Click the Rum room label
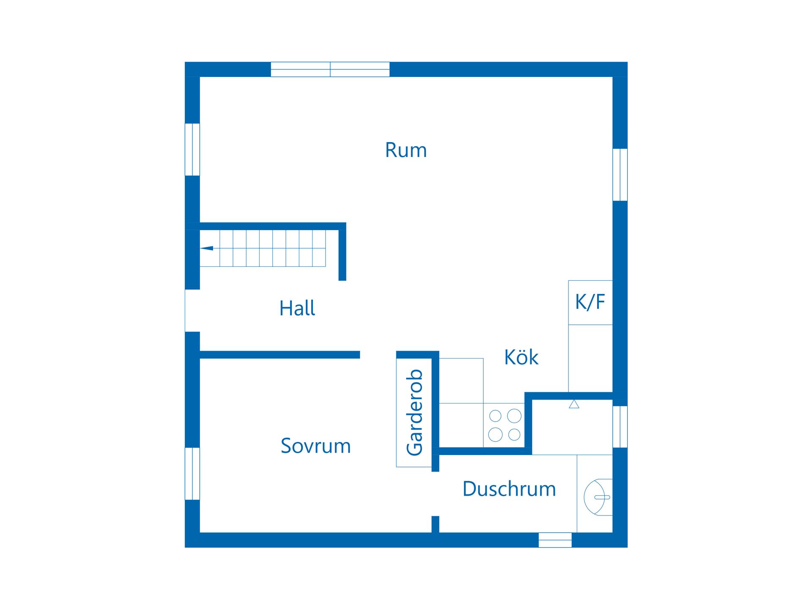(x=406, y=150)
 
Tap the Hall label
(x=297, y=308)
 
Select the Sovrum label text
(x=315, y=446)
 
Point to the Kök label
(x=521, y=357)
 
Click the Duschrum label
(x=509, y=489)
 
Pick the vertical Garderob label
(x=414, y=412)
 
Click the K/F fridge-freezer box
(x=590, y=302)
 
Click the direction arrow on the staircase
(x=207, y=248)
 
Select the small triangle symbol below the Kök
(x=574, y=404)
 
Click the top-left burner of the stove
(x=495, y=416)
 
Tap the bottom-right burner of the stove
(x=514, y=434)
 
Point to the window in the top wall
(x=330, y=69)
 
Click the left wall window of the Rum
(x=192, y=149)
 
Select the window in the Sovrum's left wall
(x=192, y=474)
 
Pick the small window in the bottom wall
(x=555, y=540)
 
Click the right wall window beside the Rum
(x=620, y=174)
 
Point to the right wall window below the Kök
(x=620, y=426)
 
